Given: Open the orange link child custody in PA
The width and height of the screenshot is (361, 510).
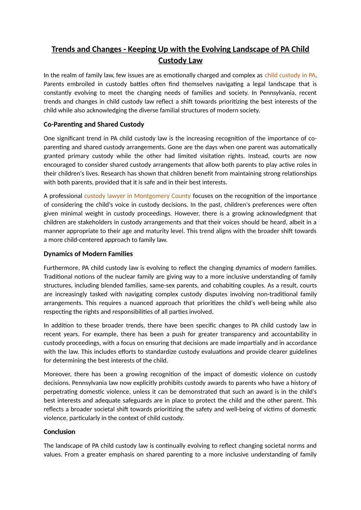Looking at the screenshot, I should pos(290,75).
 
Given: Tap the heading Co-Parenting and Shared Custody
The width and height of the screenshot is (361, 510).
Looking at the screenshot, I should pos(94,124).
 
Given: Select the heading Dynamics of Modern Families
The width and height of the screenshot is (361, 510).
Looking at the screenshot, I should pos(88,254).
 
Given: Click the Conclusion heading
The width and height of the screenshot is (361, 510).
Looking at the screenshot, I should pos(60,431).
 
